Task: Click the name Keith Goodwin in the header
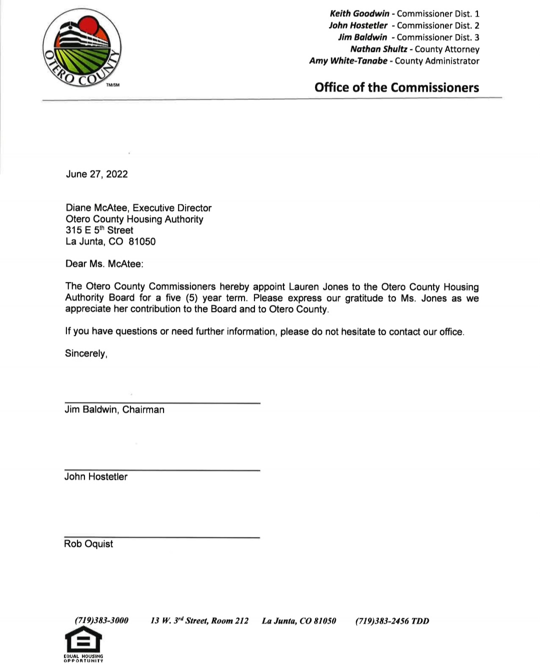pos(359,13)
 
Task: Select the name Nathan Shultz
pos(378,49)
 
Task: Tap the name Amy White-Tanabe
pos(348,61)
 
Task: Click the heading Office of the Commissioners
pos(396,87)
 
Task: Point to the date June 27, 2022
pos(96,174)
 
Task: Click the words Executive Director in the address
pos(172,208)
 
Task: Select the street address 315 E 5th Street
pos(99,230)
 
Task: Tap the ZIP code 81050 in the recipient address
pos(142,241)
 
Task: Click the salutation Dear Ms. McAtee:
pos(104,264)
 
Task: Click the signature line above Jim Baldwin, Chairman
pos(162,402)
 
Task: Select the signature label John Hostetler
pos(95,477)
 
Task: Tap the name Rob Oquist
pos(88,544)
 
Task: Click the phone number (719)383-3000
pos(101,621)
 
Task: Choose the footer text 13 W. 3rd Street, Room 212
pos(199,621)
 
